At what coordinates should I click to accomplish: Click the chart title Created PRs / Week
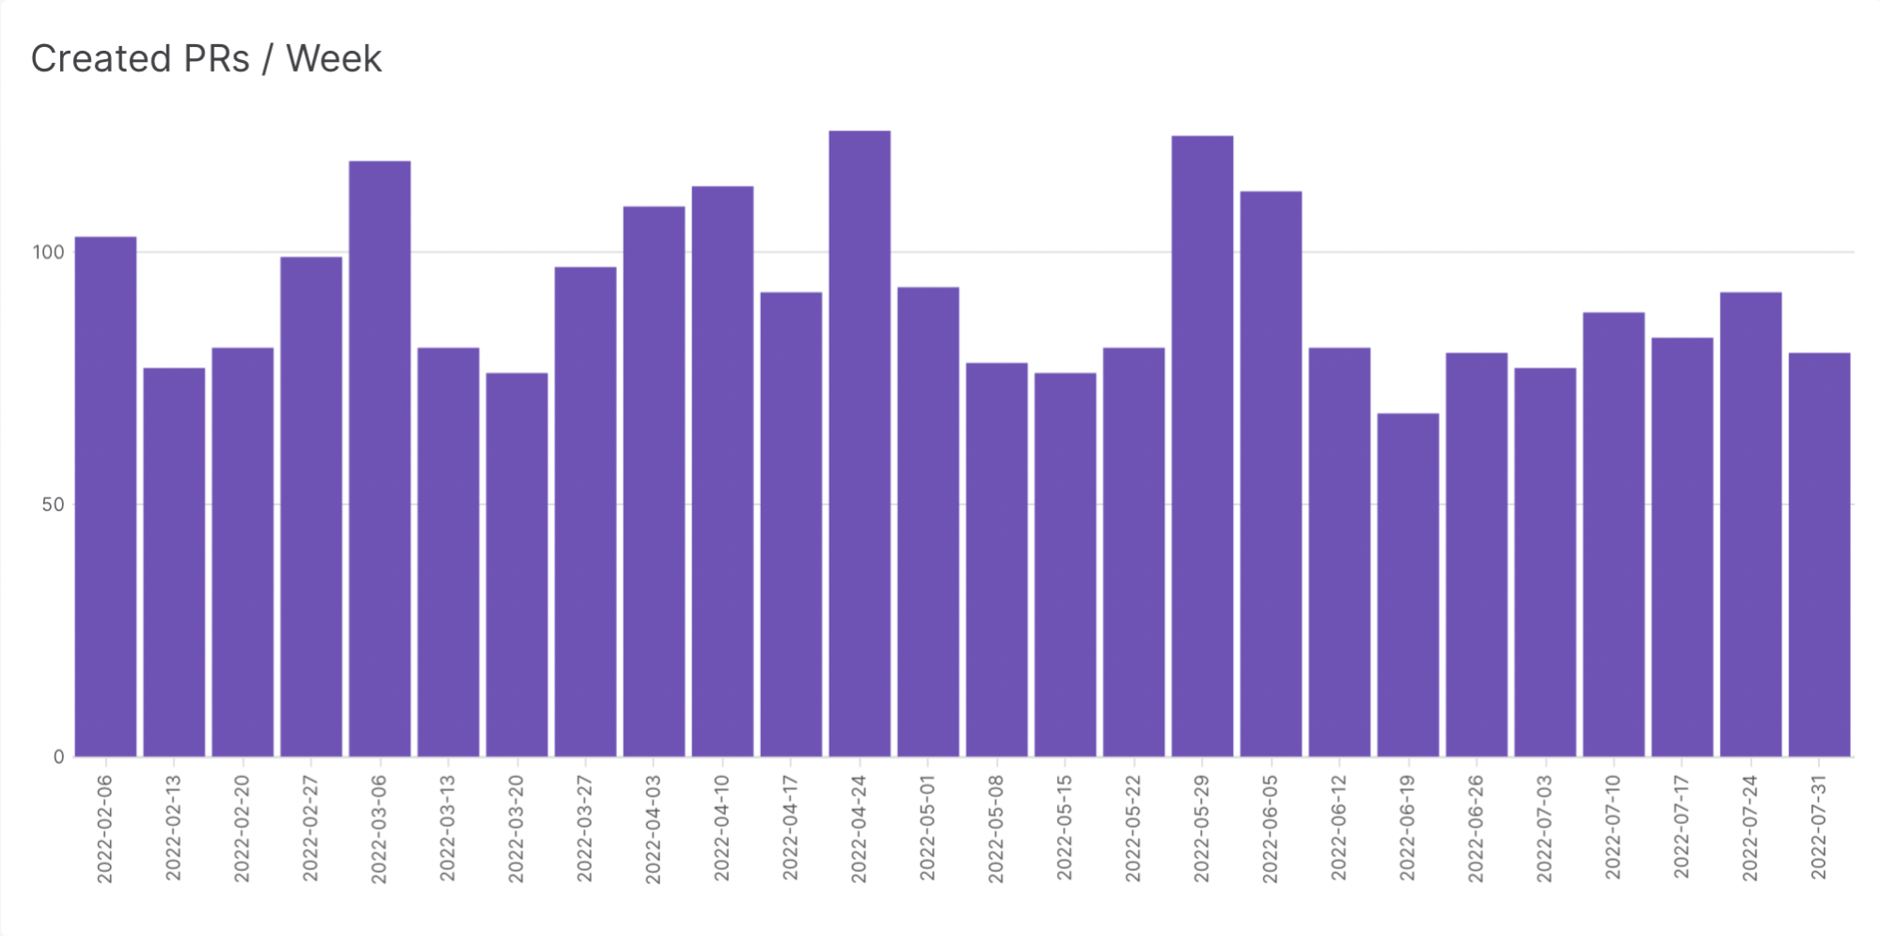coord(206,58)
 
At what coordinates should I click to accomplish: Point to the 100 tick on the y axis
coord(48,252)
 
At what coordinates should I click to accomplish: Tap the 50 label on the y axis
coord(53,504)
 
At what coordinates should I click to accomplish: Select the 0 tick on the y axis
coord(58,756)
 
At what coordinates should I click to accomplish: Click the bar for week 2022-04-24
coord(860,442)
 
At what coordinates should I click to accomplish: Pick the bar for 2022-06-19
coord(1408,583)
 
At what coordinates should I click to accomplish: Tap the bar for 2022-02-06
coord(105,496)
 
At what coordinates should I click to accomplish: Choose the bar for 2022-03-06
coord(380,458)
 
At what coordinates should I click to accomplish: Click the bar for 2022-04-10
coord(722,470)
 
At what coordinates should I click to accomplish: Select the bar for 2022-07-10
coord(1614,533)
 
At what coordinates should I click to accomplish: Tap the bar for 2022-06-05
coord(1271,473)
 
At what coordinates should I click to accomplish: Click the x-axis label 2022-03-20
coord(515,829)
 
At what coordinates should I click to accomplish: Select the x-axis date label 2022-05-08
coord(996,829)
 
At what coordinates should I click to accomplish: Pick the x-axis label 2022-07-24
coord(1749,829)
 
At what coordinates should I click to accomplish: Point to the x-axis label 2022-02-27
coord(310,829)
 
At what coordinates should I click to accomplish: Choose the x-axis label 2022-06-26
coord(1476,829)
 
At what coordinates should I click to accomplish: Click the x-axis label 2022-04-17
coord(790,829)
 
